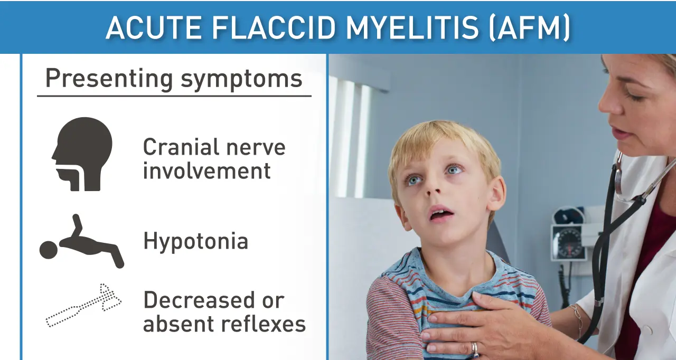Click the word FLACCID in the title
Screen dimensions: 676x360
(x=274, y=27)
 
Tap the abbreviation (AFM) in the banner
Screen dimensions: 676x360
(x=529, y=27)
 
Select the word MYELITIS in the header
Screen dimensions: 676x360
(x=412, y=27)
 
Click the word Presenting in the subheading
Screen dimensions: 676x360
(x=109, y=79)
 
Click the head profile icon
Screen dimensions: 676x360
(x=82, y=154)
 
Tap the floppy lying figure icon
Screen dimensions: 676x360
(x=82, y=242)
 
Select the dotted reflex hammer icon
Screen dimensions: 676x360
(x=84, y=305)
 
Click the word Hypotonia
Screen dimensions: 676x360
(x=195, y=242)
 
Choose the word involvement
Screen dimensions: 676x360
(x=206, y=170)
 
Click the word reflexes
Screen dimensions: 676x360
(x=264, y=324)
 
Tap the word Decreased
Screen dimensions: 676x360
(x=199, y=300)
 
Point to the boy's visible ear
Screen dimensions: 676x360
(x=496, y=194)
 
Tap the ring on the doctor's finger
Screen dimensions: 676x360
(x=475, y=349)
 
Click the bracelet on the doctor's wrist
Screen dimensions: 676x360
(x=577, y=319)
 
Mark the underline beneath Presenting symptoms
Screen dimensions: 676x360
(x=174, y=96)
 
